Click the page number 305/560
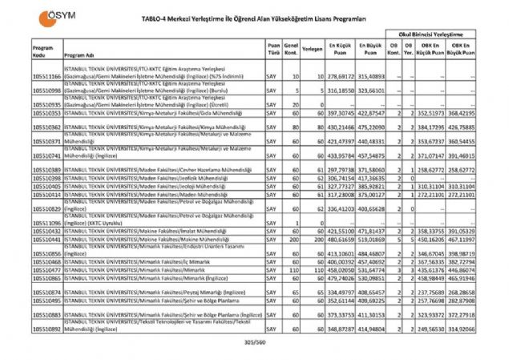pos(254,342)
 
